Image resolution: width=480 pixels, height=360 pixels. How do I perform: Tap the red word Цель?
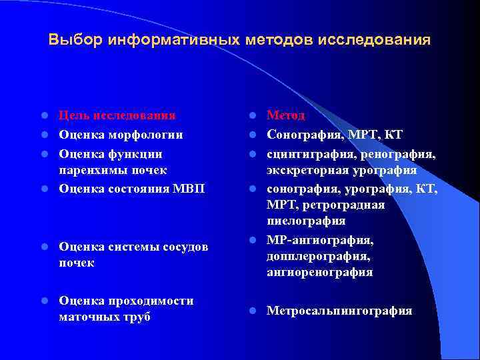(x=75, y=116)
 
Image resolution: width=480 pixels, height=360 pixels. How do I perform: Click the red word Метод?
(x=286, y=116)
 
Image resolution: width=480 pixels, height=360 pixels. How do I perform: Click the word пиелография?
(x=306, y=221)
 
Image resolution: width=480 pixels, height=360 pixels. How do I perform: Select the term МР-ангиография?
(x=320, y=239)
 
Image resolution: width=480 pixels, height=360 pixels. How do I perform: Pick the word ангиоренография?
(x=319, y=273)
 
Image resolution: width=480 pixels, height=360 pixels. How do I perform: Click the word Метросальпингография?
(x=339, y=311)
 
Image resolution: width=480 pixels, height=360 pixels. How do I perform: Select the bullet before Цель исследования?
(x=43, y=117)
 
